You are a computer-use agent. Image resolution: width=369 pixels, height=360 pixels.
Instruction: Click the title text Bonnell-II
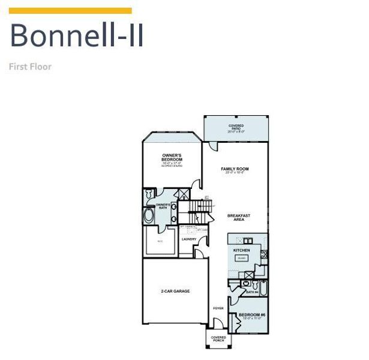[x=77, y=35]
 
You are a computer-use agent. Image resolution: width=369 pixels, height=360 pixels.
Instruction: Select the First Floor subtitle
[x=30, y=67]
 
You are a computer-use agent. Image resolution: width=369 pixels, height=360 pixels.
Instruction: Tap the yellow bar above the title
[x=70, y=10]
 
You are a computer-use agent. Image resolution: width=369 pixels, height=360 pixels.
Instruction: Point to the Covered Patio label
[x=236, y=128]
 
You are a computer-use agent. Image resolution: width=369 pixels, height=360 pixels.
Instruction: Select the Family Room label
[x=235, y=169]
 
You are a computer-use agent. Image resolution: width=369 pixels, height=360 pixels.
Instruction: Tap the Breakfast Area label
[x=238, y=217]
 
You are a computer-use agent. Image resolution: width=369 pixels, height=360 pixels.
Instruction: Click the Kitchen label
[x=241, y=250]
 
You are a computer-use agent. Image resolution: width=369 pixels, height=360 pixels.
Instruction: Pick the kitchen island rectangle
[x=241, y=258]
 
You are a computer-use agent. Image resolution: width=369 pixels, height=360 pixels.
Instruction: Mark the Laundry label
[x=189, y=239]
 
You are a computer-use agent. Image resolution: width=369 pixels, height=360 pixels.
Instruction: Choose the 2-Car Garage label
[x=175, y=291]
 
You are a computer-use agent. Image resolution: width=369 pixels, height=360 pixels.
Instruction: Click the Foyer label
[x=218, y=308]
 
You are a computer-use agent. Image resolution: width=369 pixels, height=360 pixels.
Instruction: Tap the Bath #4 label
[x=252, y=293]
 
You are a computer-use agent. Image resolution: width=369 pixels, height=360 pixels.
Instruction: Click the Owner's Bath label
[x=163, y=207]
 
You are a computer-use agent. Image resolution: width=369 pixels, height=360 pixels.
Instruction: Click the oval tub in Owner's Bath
[x=149, y=215]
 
